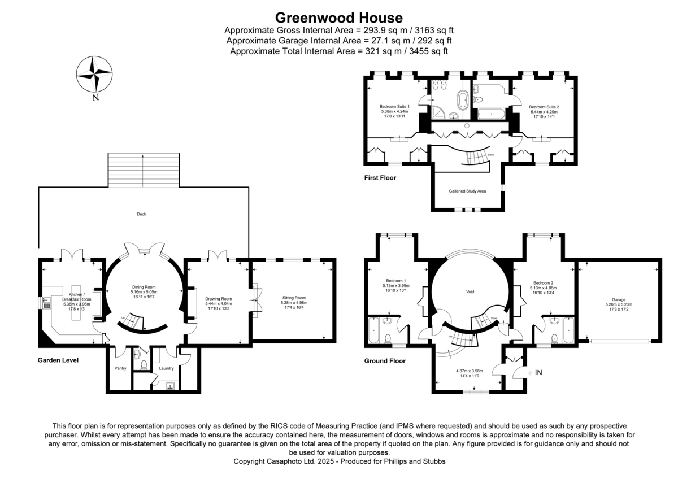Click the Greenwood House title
tap(339, 18)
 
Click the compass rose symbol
tap(94, 74)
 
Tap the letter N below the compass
tap(96, 98)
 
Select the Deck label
tap(141, 214)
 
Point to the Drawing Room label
tap(219, 299)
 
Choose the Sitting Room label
tap(294, 298)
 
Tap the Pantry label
tap(120, 368)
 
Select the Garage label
tap(618, 300)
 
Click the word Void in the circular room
tap(470, 292)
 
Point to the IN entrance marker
tap(539, 372)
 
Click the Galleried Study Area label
tap(467, 191)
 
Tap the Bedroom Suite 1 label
tap(394, 106)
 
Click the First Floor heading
tap(380, 178)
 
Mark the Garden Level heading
tap(58, 360)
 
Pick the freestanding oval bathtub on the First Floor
tap(463, 101)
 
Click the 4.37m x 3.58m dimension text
tap(470, 371)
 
